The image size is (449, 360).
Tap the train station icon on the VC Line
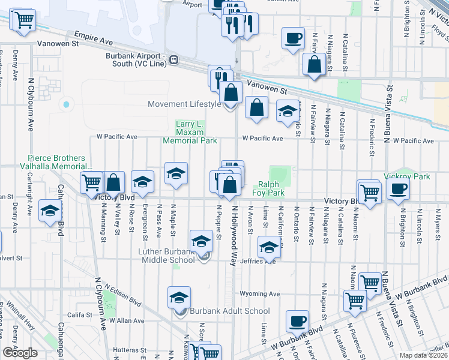173,59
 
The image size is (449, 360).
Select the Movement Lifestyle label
185,104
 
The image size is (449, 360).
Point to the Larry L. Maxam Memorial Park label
190,132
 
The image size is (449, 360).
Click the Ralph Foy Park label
271,189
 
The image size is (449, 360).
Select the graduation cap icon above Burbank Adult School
179,298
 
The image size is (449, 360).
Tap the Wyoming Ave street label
260,294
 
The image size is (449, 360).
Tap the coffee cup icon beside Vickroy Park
397,190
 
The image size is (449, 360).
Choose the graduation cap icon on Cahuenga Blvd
49,211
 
